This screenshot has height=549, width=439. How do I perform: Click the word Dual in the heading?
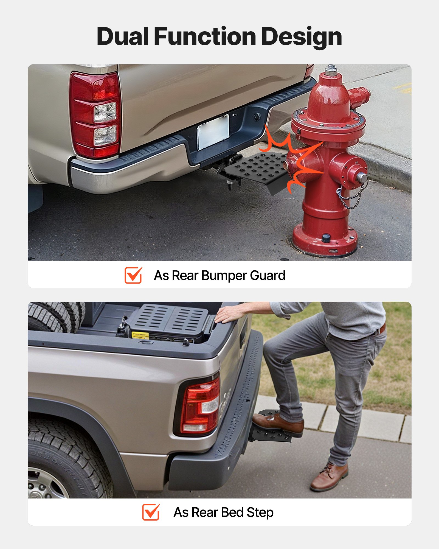(x=123, y=37)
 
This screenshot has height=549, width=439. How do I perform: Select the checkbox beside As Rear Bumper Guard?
(x=133, y=275)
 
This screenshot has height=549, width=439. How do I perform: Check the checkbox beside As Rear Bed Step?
(x=151, y=512)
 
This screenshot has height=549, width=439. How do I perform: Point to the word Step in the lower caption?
(x=260, y=512)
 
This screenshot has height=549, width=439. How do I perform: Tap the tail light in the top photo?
(x=95, y=115)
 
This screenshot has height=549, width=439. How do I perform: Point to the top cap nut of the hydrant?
(x=331, y=70)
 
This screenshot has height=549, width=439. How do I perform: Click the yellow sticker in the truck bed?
(x=140, y=335)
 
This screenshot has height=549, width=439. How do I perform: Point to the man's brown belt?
(x=383, y=328)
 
